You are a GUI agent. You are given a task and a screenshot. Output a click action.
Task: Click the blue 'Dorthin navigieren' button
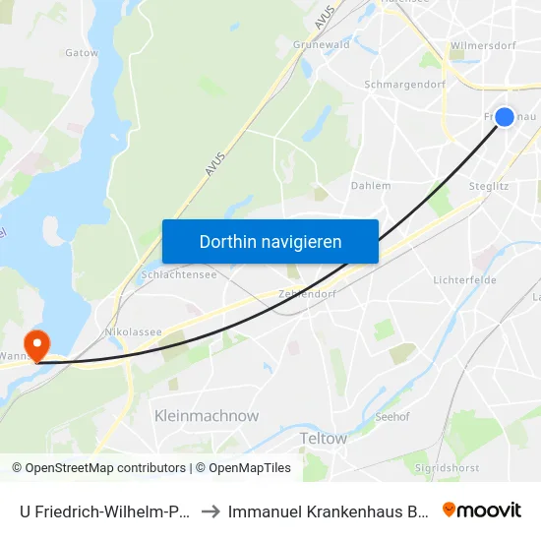(270, 241)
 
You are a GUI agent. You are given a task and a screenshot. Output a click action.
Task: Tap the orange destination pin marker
(37, 344)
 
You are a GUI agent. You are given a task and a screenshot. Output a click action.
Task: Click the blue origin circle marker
(504, 117)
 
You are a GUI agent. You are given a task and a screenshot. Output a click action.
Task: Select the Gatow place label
(82, 53)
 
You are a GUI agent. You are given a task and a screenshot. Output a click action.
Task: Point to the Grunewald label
(322, 44)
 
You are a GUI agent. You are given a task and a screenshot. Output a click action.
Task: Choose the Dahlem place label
(371, 185)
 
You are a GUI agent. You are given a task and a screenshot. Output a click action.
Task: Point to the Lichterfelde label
(464, 280)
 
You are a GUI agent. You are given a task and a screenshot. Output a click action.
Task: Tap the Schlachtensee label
(171, 275)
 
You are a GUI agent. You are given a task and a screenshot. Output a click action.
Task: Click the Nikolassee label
(134, 332)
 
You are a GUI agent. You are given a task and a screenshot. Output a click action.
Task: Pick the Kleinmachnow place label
(207, 416)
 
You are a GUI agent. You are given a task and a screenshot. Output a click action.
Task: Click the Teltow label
(323, 439)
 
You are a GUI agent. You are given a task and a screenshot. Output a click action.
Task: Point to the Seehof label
(392, 416)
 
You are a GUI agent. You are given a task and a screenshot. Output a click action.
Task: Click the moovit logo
(482, 510)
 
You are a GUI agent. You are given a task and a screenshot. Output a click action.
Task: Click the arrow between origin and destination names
(210, 511)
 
